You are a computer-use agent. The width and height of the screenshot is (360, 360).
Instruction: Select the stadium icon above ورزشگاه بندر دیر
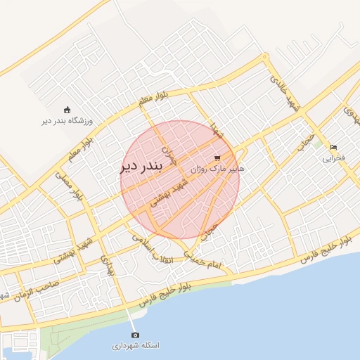(x=67, y=110)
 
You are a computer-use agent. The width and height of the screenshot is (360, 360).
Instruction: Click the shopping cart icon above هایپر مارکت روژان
(x=217, y=157)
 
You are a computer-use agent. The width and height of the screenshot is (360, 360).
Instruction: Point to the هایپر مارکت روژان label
(x=218, y=169)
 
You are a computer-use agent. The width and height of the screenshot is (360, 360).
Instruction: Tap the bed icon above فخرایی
(x=334, y=147)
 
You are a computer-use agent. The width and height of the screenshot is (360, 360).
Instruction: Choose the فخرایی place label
(x=334, y=158)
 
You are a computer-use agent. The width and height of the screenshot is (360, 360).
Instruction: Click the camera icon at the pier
(x=136, y=335)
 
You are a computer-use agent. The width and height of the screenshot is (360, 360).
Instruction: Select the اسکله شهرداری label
(x=136, y=346)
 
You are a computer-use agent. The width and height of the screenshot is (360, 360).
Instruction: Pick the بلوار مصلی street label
(x=70, y=184)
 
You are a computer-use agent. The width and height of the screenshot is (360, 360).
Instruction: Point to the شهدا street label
(x=214, y=131)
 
